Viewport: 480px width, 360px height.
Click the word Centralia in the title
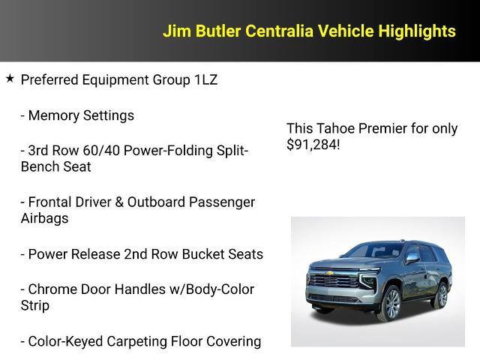pyautogui.click(x=277, y=31)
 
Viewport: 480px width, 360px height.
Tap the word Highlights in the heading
pyautogui.click(x=417, y=31)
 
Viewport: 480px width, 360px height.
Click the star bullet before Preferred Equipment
pyautogui.click(x=10, y=78)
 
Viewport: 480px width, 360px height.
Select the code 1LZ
pyautogui.click(x=202, y=79)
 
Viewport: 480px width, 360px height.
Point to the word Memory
pyautogui.click(x=53, y=115)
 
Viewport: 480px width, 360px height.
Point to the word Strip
pyautogui.click(x=35, y=305)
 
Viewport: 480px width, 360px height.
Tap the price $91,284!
pyautogui.click(x=313, y=144)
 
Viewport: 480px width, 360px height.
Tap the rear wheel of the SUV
pyautogui.click(x=442, y=295)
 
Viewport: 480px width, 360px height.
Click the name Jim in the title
pyautogui.click(x=176, y=31)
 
